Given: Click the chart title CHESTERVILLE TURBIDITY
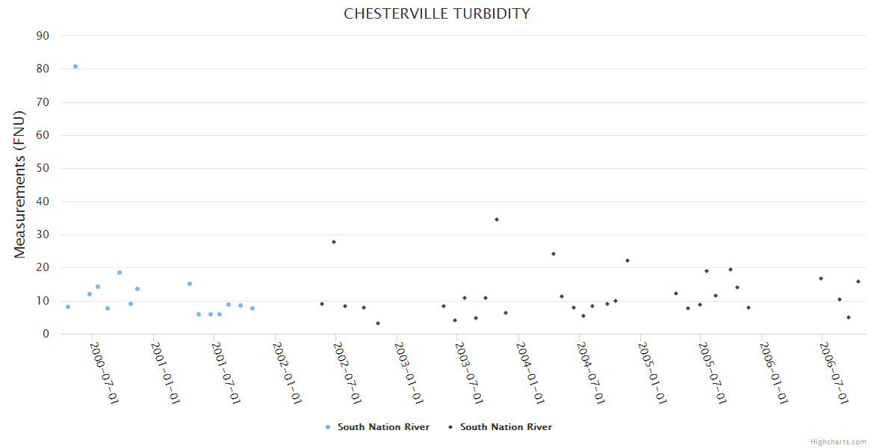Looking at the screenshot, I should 436,13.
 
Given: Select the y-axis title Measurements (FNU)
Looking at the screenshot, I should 20,184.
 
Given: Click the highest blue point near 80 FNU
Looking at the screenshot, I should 75,66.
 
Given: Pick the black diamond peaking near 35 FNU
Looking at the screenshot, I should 496,220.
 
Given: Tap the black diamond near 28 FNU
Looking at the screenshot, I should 334,242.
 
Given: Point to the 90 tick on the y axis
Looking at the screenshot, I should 43,36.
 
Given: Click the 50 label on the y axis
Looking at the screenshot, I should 43,168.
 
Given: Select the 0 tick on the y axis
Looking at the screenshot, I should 46,334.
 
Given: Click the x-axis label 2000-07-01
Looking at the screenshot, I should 105,373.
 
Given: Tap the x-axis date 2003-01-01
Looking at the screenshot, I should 409,373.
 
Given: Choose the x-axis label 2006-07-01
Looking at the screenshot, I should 834,373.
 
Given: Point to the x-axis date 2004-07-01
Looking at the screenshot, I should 591,373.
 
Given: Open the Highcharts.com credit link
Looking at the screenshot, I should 838,442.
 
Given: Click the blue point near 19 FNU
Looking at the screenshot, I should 120,273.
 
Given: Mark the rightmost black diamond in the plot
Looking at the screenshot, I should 858,281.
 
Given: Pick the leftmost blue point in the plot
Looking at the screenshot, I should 68,307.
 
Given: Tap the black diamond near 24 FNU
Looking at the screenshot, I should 554,254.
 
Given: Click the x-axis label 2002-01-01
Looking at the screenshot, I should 287,373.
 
